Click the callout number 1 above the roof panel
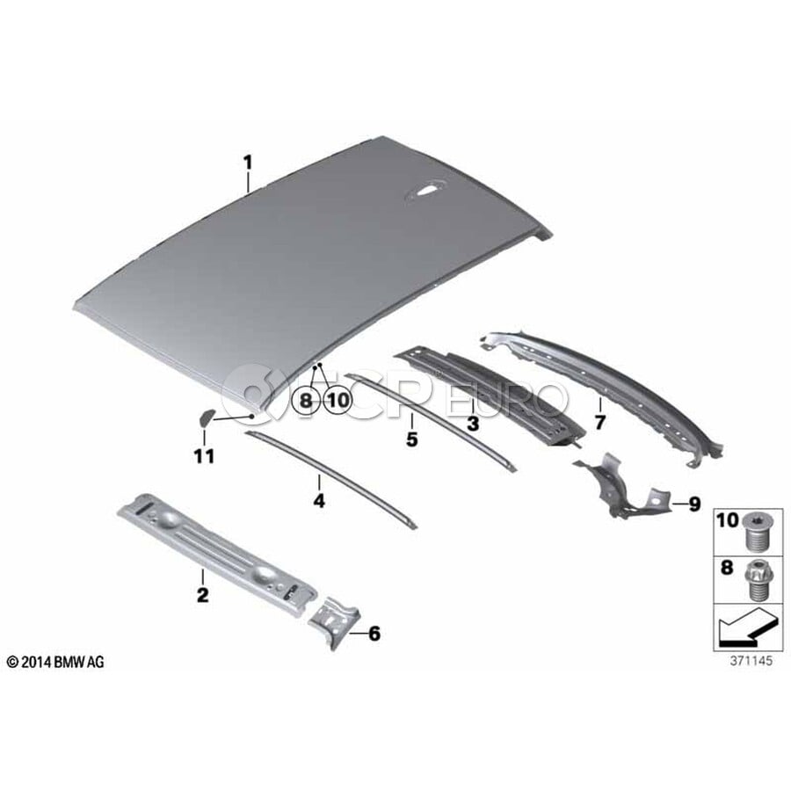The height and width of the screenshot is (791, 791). [247, 163]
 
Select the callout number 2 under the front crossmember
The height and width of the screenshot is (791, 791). [202, 595]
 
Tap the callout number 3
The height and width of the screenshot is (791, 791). [473, 424]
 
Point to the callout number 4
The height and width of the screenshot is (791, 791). [319, 500]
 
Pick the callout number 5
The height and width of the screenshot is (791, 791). [412, 439]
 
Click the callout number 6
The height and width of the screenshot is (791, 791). [374, 634]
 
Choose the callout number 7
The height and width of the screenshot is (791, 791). [599, 422]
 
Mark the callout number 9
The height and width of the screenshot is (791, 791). [694, 503]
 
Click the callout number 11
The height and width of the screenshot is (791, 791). [204, 456]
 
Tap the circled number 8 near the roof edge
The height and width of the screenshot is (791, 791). [306, 401]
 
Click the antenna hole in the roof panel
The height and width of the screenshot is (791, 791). [427, 192]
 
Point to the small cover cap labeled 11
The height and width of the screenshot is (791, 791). [206, 417]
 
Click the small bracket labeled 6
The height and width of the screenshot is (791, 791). [335, 622]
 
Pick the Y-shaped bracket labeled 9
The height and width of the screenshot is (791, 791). [621, 487]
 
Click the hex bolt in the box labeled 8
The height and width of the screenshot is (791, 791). [755, 581]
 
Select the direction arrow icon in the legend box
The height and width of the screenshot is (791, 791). [746, 627]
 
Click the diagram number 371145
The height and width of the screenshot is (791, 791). [751, 660]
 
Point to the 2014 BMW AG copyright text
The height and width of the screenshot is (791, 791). [55, 662]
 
